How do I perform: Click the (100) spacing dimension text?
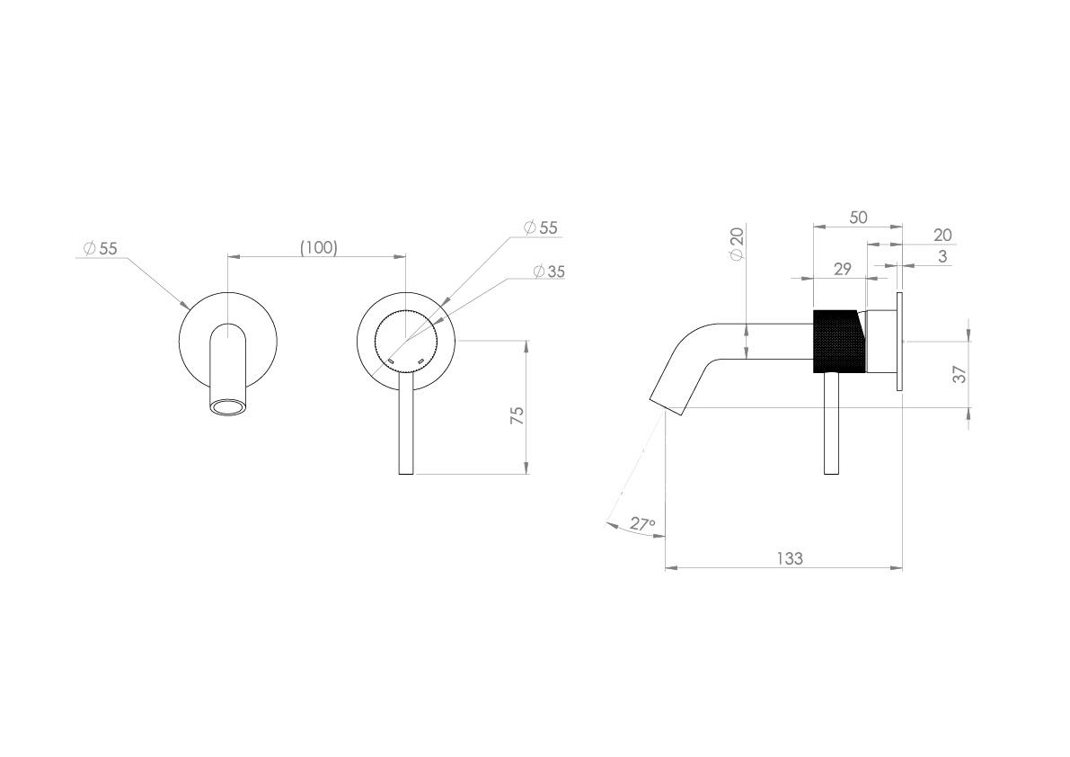pyautogui.click(x=318, y=247)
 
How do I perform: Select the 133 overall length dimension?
pyautogui.click(x=789, y=558)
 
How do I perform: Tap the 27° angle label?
pyautogui.click(x=641, y=524)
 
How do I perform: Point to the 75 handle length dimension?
pyautogui.click(x=517, y=416)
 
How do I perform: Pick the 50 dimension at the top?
pyautogui.click(x=857, y=218)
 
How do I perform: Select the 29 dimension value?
pyautogui.click(x=841, y=269)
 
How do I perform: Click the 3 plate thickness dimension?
pyautogui.click(x=941, y=256)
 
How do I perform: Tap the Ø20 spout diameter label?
pyautogui.click(x=738, y=244)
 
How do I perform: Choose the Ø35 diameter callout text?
pyautogui.click(x=548, y=272)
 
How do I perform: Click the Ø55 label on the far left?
pyautogui.click(x=100, y=249)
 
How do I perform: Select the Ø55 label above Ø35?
pyautogui.click(x=541, y=228)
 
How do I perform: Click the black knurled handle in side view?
pyautogui.click(x=836, y=341)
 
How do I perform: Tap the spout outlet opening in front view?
pyautogui.click(x=228, y=409)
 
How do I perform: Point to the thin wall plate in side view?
pyautogui.click(x=898, y=341)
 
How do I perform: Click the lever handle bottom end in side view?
pyautogui.click(x=832, y=468)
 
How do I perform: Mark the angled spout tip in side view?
pyautogui.click(x=666, y=401)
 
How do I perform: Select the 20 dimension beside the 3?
pyautogui.click(x=942, y=236)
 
